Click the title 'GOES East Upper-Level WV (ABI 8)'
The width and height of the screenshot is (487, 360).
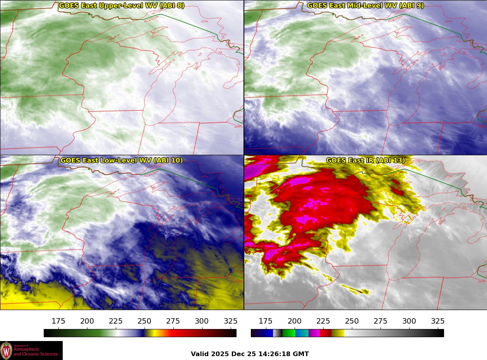pos(122,6)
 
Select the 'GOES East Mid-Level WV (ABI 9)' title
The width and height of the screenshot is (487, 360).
pos(365,6)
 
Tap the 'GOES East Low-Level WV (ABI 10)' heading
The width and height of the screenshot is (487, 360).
pos(122,160)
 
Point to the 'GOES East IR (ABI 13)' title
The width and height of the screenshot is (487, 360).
pos(365,160)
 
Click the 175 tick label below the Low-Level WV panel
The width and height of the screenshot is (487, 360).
pos(58,321)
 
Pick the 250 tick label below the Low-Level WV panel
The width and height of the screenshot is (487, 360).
pos(144,321)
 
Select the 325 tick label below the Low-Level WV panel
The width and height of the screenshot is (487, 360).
pos(230,321)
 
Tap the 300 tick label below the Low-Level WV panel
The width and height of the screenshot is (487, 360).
pos(202,321)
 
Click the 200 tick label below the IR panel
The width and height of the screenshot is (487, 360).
pos(295,321)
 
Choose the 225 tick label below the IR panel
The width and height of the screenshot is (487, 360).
pos(323,321)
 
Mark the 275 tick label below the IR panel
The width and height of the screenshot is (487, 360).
pos(381,321)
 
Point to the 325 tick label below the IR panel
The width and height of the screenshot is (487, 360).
pos(438,321)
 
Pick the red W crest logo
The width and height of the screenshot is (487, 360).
pos(6,350)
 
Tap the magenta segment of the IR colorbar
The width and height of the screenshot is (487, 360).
pos(314,333)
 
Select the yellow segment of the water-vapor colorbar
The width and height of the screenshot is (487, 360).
pos(150,333)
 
